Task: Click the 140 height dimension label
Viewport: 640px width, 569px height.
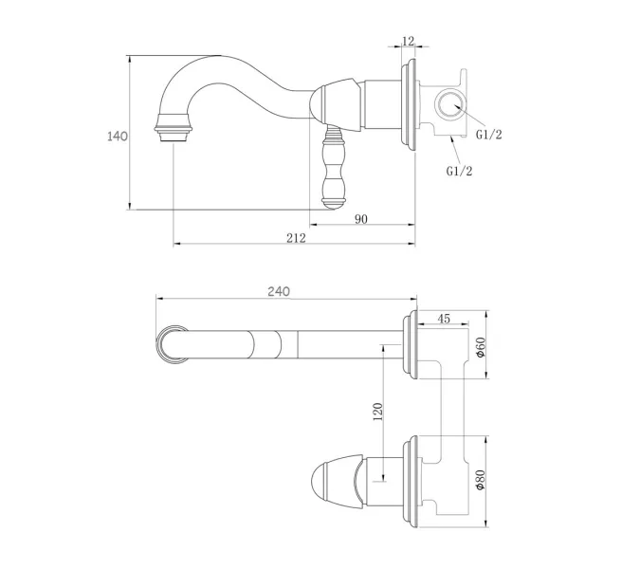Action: click(x=118, y=136)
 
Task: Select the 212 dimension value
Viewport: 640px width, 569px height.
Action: click(x=295, y=238)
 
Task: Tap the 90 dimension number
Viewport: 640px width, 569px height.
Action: click(x=360, y=219)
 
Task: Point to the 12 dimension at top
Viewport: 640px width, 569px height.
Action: click(x=409, y=41)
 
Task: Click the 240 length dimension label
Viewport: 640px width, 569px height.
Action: click(x=278, y=291)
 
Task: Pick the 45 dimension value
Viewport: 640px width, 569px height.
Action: click(x=443, y=319)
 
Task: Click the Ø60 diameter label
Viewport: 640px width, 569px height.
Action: click(x=481, y=348)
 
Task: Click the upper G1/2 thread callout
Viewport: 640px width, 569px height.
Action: click(x=488, y=135)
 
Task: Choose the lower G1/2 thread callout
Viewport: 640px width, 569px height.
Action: click(x=460, y=171)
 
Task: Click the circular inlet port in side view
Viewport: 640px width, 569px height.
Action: click(x=449, y=102)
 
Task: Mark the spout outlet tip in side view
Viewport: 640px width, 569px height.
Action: click(x=174, y=134)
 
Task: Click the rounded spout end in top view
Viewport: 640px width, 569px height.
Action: click(x=171, y=343)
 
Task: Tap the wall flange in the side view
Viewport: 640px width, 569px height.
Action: click(x=410, y=104)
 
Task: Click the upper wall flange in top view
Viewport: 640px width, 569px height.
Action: click(x=411, y=344)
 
